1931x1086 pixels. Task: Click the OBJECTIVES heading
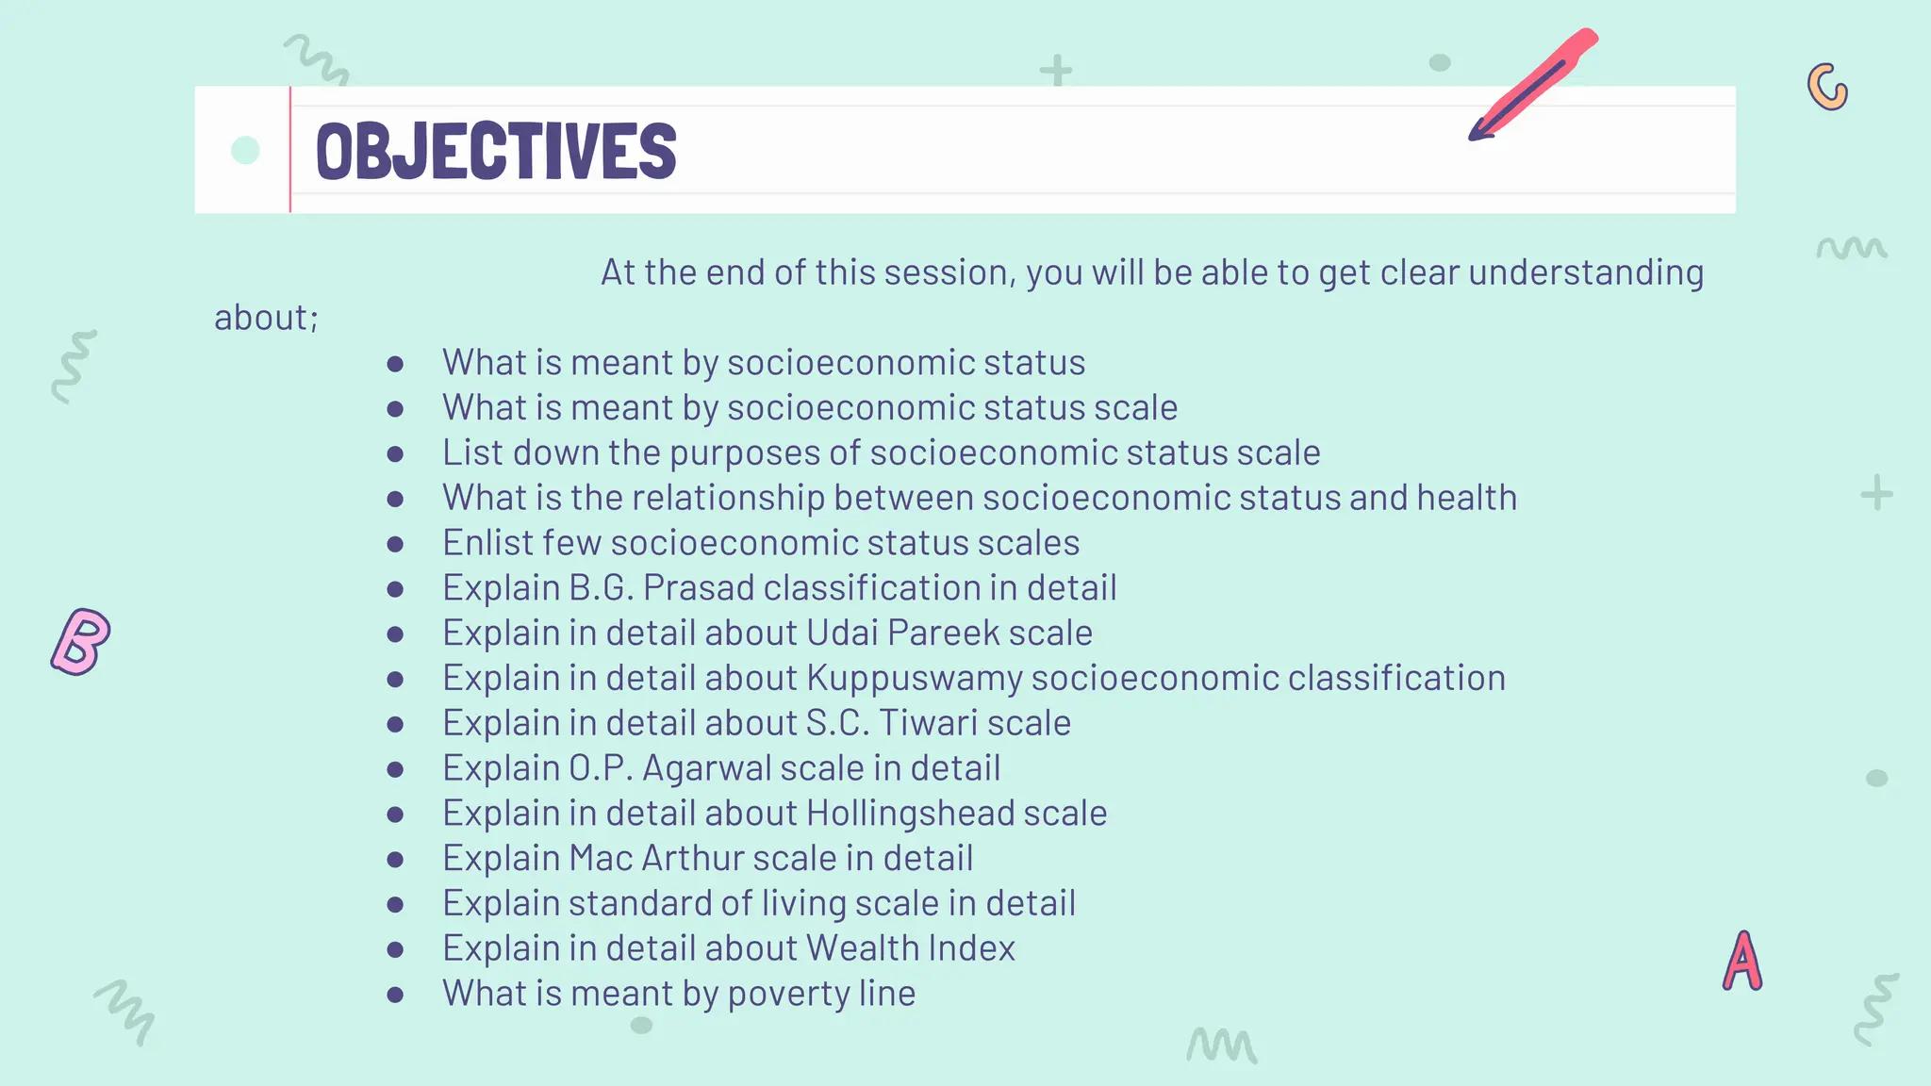(496, 151)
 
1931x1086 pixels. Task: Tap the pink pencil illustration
(1532, 85)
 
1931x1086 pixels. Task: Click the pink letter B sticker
(80, 642)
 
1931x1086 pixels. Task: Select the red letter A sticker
(1742, 962)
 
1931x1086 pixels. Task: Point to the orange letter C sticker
(1827, 88)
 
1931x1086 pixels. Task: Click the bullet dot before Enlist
(395, 544)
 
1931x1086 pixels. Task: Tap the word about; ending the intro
(266, 319)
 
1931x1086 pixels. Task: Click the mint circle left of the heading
(245, 150)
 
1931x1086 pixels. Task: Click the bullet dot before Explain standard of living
(395, 904)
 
